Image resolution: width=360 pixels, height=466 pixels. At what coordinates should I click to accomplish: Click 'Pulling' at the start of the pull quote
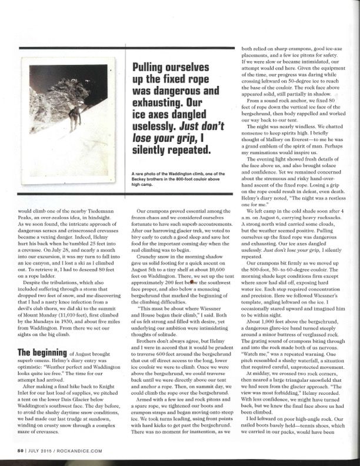[x=152, y=67]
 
